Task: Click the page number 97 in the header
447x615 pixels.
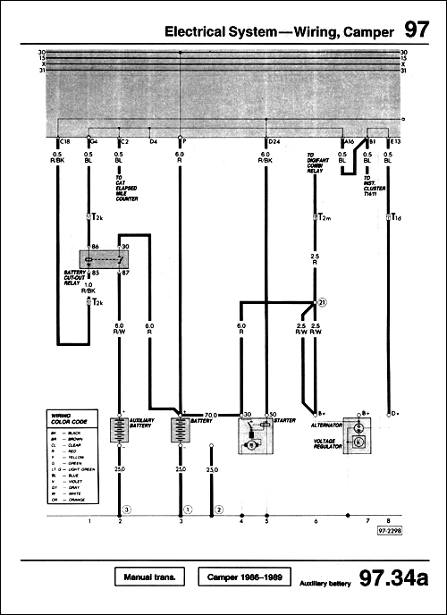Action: click(x=416, y=30)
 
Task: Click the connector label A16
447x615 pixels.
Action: click(x=350, y=141)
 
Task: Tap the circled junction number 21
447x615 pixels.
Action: click(x=323, y=304)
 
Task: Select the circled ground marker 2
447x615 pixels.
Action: click(x=218, y=509)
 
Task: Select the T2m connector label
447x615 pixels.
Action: click(x=323, y=217)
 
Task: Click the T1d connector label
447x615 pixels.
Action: click(x=395, y=217)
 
